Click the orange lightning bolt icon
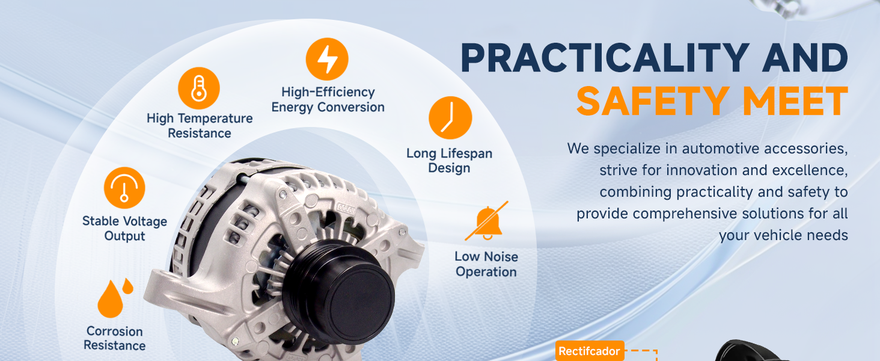[x=327, y=59]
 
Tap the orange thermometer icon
[x=199, y=88]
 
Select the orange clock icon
[x=450, y=117]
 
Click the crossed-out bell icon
[x=487, y=221]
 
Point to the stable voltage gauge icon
[x=124, y=188]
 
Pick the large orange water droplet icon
[x=110, y=300]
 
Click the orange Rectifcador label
[x=590, y=351]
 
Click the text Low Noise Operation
[x=486, y=264]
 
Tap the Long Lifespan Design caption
[x=450, y=161]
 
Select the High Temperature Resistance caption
[x=200, y=125]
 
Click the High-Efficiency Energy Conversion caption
[x=328, y=99]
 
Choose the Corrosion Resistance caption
[x=115, y=338]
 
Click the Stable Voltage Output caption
[x=124, y=229]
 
